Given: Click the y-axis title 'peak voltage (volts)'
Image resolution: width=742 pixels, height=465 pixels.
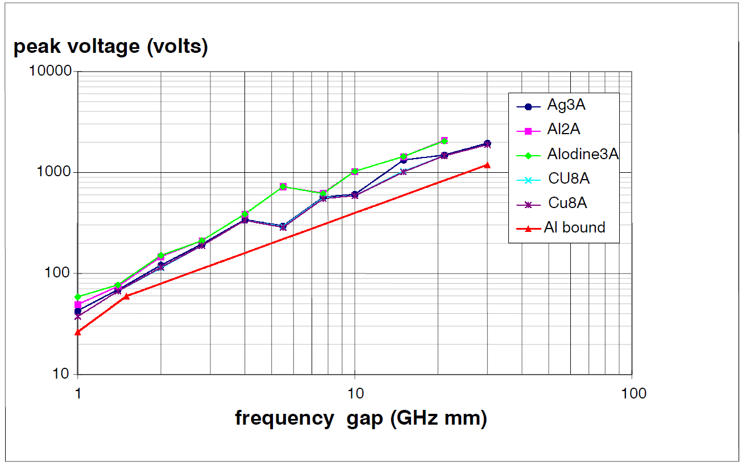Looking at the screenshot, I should [x=110, y=47].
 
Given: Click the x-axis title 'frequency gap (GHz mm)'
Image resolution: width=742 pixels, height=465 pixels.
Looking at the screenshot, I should [x=361, y=418].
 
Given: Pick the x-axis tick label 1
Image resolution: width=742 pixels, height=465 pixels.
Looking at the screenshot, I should [x=78, y=393].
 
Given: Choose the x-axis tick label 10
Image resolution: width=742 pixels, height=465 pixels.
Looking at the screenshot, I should [x=355, y=393].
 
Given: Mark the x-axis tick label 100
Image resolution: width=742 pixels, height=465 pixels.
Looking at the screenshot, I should [x=632, y=393].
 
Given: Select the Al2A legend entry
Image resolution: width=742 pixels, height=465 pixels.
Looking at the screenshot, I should [x=563, y=130].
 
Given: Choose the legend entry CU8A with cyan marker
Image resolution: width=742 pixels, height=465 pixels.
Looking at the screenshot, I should [x=569, y=178].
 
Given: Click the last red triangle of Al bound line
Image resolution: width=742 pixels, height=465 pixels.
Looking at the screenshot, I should [x=487, y=165].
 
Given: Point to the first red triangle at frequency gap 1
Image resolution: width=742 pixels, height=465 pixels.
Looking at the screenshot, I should [x=78, y=332].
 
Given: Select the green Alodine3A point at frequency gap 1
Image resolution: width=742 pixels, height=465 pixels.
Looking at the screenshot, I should [x=78, y=297].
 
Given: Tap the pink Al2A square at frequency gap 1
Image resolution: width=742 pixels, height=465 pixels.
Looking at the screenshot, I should [x=78, y=305].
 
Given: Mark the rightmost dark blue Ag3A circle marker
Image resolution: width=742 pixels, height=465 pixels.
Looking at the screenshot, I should [x=487, y=143].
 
